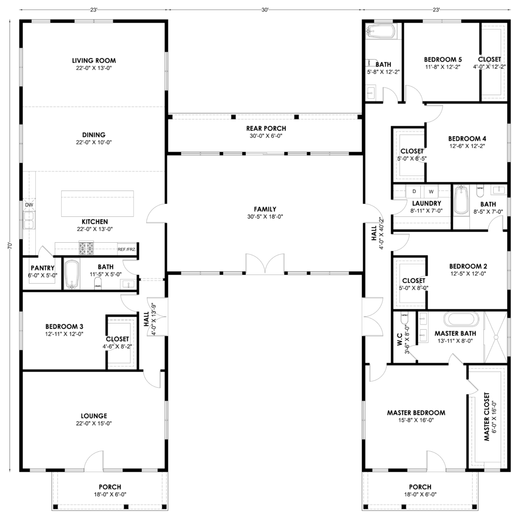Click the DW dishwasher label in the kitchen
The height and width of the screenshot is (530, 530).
pos(29,205)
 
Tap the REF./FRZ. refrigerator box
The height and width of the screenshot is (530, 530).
pos(126,249)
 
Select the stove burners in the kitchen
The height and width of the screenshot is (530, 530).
pos(86,248)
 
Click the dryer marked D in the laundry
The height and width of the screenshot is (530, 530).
pos(415,192)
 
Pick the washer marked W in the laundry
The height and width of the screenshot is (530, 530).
pos(431,192)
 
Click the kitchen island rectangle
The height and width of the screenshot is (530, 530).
pos(97,203)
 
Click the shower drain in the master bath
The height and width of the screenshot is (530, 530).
pos(496,337)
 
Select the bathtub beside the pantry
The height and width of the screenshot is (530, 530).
pos(71,274)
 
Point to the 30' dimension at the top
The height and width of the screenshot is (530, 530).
pos(265,10)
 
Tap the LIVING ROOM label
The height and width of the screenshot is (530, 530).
pos(94,61)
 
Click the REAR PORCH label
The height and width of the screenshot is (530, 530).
pos(266,128)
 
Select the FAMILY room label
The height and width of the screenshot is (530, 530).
pos(265,209)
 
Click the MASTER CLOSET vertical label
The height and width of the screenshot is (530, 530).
pos(487,417)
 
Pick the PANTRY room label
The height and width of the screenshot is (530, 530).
pos(42,268)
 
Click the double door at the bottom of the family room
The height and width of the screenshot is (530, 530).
pos(265,263)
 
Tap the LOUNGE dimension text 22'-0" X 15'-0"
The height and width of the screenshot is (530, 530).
pos(94,423)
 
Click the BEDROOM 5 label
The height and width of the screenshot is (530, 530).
pos(443,60)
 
